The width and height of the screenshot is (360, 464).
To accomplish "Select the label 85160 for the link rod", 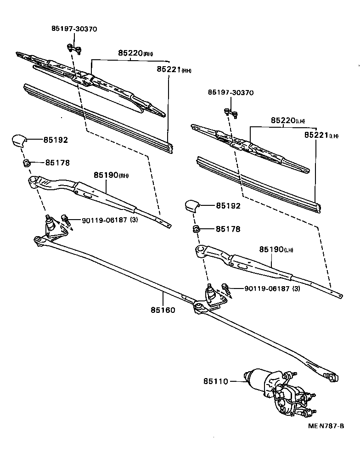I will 163,310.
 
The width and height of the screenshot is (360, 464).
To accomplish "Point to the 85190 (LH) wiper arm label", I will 276,249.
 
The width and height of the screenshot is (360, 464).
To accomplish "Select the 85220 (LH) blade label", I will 288,120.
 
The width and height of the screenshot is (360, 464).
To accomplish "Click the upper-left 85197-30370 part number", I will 74,29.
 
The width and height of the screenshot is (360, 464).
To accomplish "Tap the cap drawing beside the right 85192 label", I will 191,206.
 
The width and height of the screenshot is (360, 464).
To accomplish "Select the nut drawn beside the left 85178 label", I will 27,163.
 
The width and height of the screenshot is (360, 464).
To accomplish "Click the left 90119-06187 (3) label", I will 111,221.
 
